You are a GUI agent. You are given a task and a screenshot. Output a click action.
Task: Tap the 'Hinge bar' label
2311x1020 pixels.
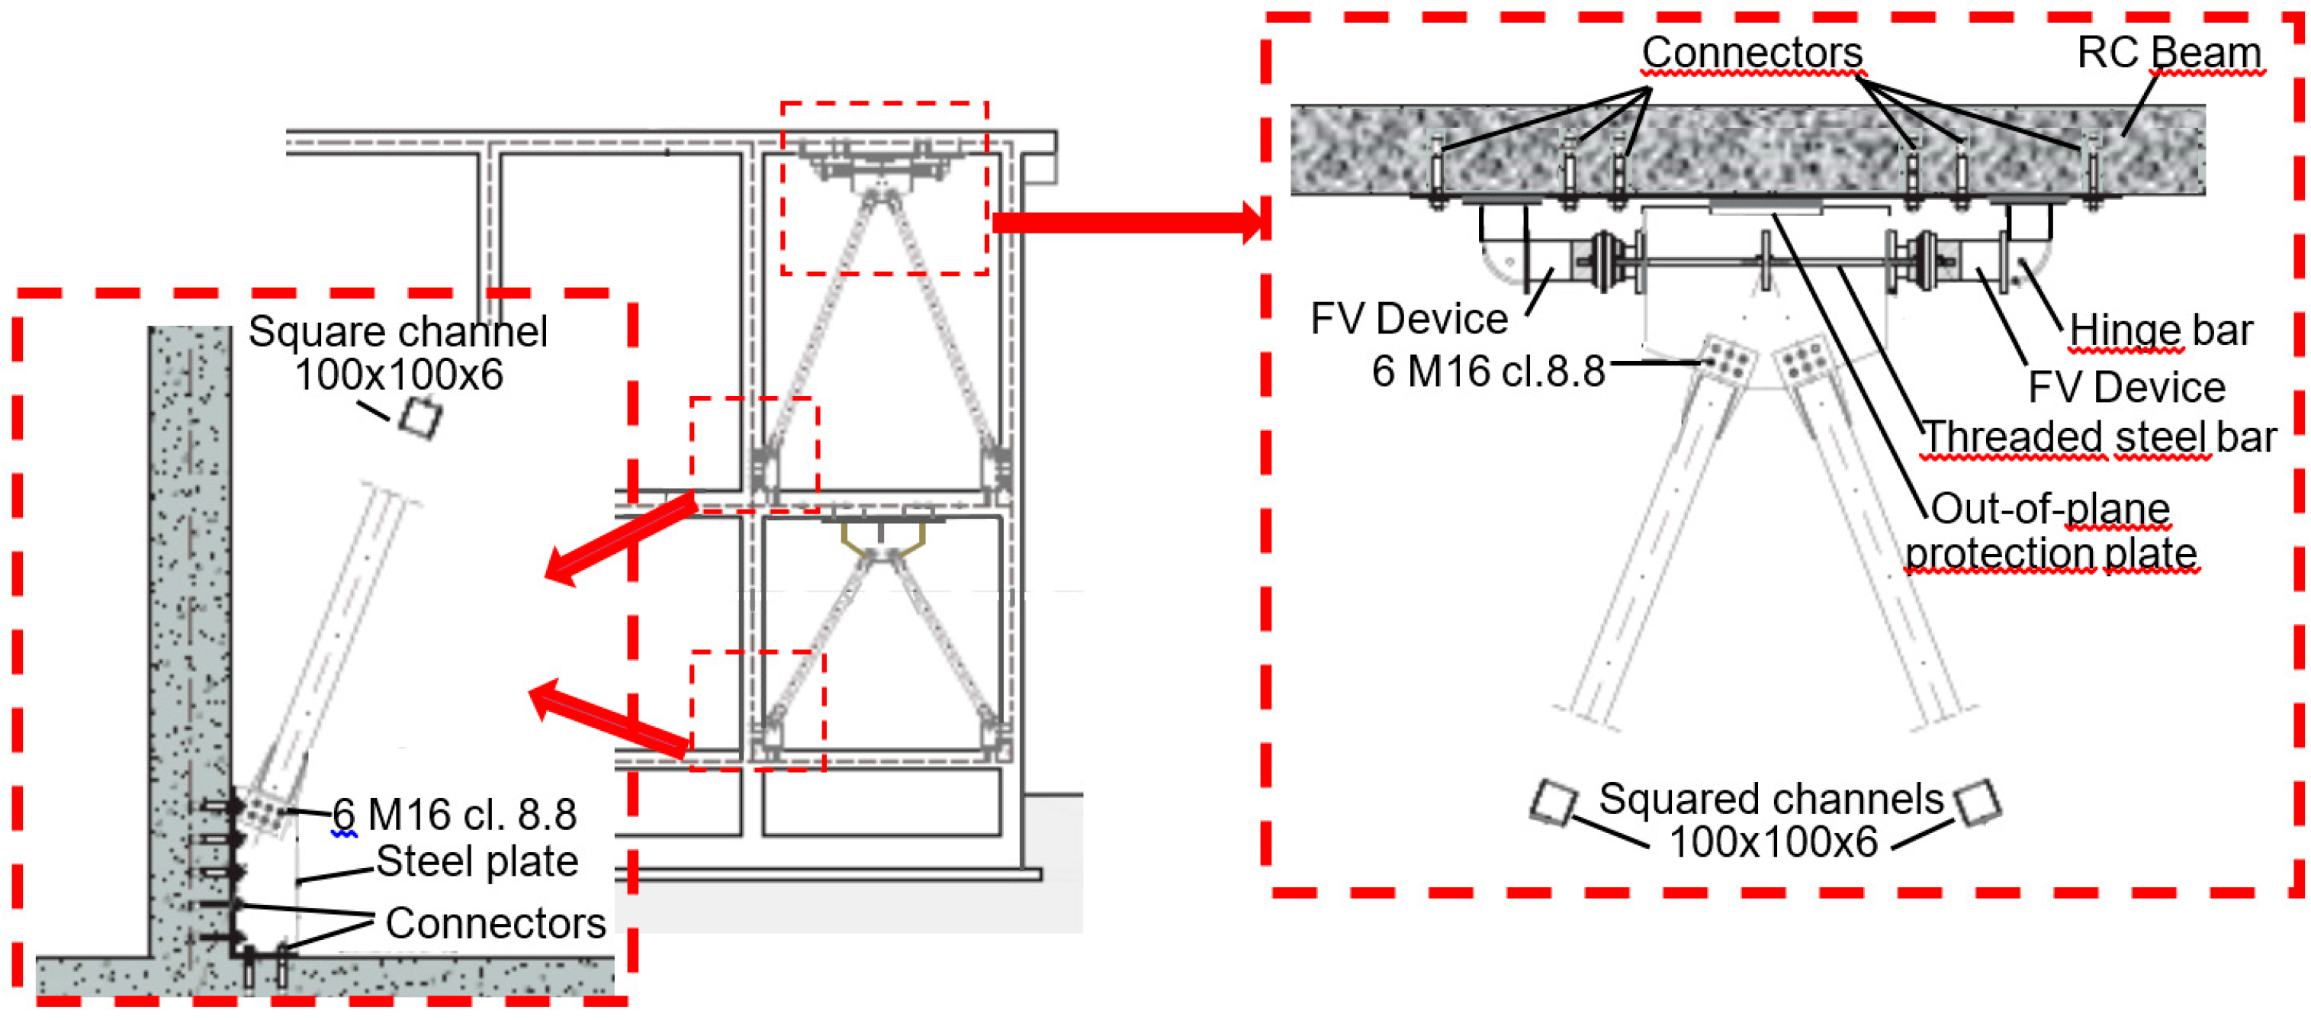tap(2160, 330)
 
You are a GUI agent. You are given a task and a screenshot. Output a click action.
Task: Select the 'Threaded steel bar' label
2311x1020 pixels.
tap(2099, 438)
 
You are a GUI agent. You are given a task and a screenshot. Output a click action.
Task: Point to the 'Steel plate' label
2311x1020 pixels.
tap(477, 861)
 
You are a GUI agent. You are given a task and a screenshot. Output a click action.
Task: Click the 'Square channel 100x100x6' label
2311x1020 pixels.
tap(398, 352)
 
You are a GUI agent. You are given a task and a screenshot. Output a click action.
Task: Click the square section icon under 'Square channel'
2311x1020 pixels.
tap(419, 417)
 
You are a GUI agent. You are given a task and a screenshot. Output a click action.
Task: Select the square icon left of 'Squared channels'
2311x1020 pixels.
tap(1554, 801)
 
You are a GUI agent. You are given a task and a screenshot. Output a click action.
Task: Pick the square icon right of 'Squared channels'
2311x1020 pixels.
tap(1977, 801)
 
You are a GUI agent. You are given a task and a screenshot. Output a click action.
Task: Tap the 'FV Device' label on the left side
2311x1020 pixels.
tap(1409, 320)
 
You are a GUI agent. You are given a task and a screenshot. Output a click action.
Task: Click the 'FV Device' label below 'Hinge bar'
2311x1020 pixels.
tap(2126, 388)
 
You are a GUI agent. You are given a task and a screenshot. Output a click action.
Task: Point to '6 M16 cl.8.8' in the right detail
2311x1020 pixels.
tap(1487, 372)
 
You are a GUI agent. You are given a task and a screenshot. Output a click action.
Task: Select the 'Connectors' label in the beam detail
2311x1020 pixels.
tap(1751, 52)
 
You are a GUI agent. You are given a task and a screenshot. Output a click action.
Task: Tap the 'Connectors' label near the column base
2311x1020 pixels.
tap(495, 923)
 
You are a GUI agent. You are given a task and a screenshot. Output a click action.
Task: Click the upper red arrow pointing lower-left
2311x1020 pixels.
tap(619, 539)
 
